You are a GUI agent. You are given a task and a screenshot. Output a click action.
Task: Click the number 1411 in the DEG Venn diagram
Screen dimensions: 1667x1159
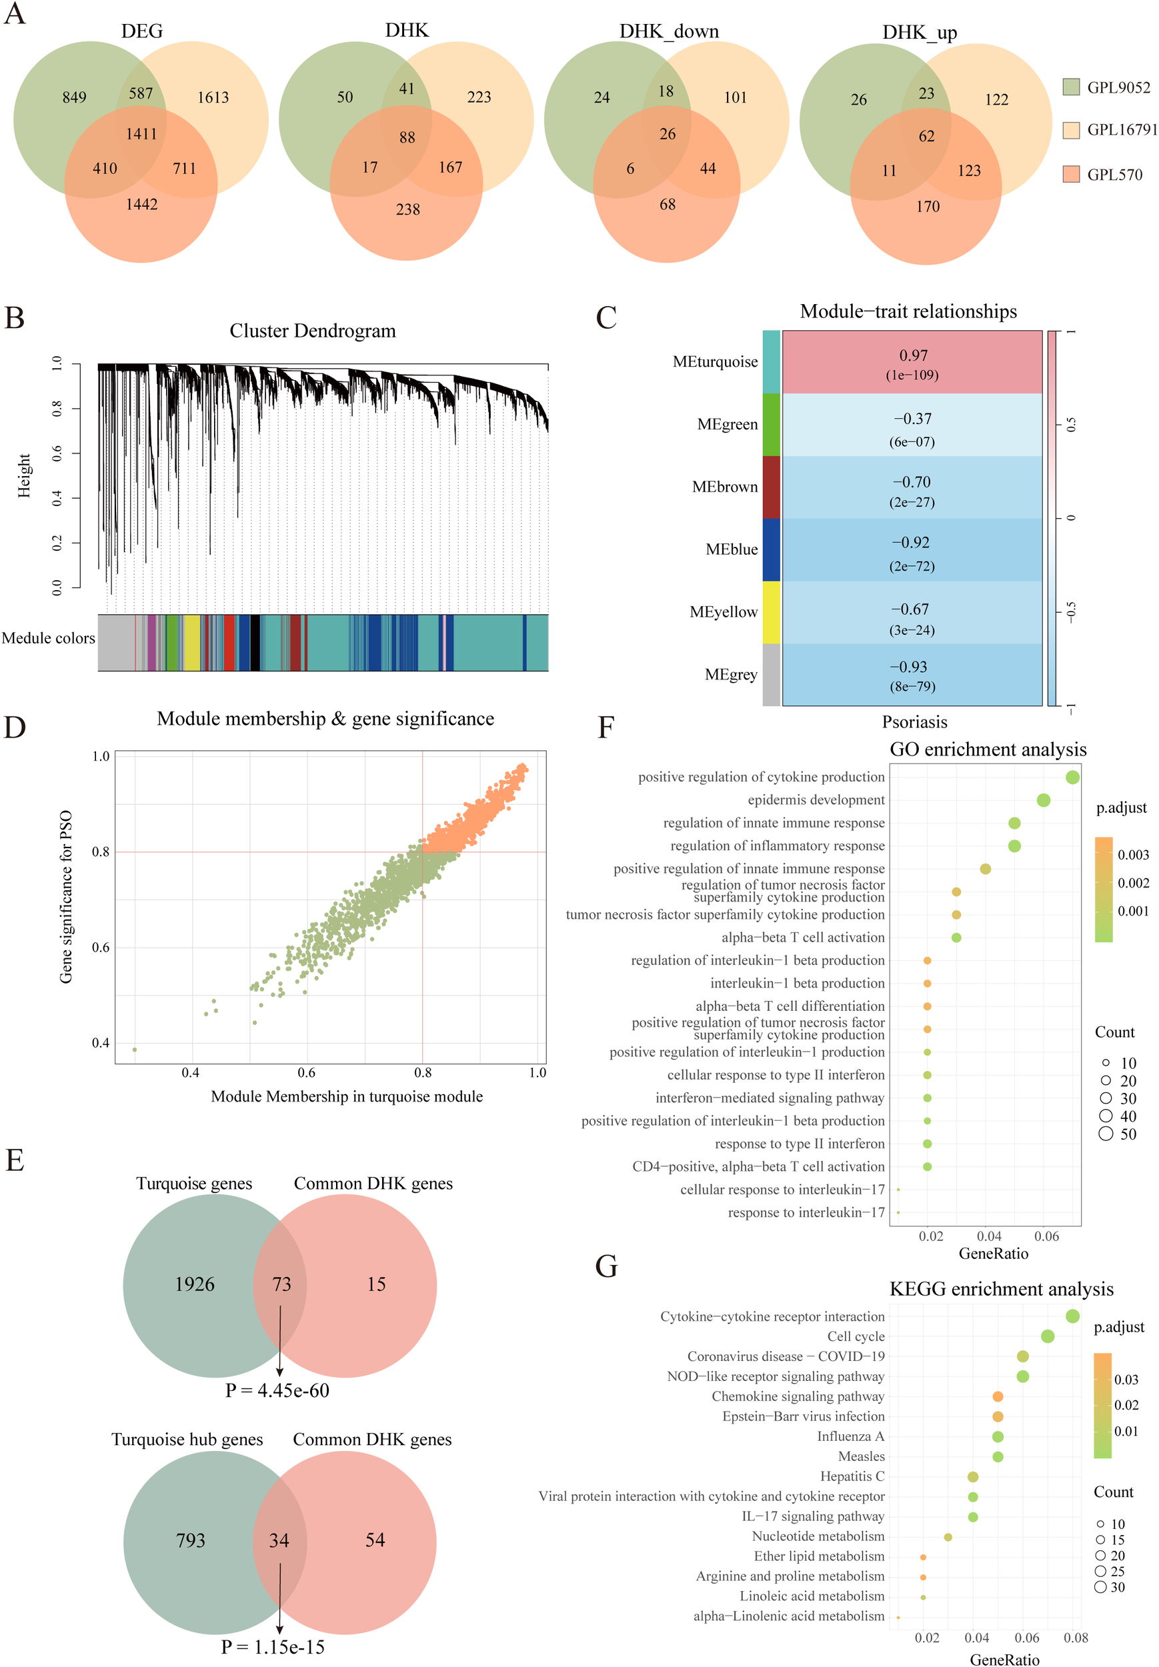pyautogui.click(x=141, y=133)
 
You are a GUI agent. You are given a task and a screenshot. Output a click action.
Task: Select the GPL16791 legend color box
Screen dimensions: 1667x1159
pyautogui.click(x=1070, y=130)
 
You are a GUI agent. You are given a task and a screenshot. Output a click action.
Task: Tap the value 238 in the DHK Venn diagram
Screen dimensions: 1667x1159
pyautogui.click(x=407, y=210)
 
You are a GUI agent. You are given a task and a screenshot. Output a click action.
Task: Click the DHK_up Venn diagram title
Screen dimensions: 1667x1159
pyautogui.click(x=920, y=33)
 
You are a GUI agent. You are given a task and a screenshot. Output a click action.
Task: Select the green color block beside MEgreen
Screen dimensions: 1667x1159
pyautogui.click(x=770, y=425)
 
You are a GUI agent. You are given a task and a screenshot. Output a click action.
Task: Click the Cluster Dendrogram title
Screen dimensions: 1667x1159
pyautogui.click(x=312, y=331)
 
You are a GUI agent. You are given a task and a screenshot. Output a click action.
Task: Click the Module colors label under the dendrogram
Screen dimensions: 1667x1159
pyautogui.click(x=48, y=638)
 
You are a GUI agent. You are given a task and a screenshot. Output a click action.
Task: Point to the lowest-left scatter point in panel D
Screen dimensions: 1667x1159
pyautogui.click(x=134, y=1049)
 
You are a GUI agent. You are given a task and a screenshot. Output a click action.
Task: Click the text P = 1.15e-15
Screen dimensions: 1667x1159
pyautogui.click(x=272, y=1648)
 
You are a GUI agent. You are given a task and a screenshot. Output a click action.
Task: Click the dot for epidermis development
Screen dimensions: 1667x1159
pyautogui.click(x=1043, y=800)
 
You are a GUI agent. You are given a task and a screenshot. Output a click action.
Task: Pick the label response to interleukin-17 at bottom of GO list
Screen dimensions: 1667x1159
pyautogui.click(x=806, y=1212)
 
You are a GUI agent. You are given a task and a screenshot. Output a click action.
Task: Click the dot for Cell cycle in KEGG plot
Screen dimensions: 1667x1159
pyautogui.click(x=1047, y=1336)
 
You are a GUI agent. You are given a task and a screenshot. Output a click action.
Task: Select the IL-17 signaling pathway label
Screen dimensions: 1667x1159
pyautogui.click(x=813, y=1516)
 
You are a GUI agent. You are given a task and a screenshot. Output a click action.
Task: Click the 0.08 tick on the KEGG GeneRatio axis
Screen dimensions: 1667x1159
pyautogui.click(x=1076, y=1638)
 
